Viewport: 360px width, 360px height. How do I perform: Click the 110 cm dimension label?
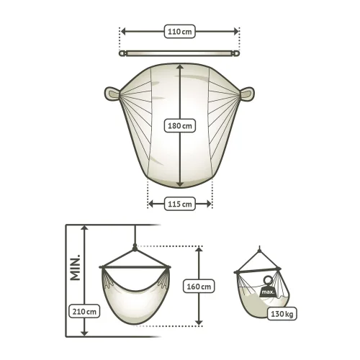point(180,32)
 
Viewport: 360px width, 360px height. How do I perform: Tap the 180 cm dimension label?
point(180,125)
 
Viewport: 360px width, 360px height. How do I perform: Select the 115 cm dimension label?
point(180,204)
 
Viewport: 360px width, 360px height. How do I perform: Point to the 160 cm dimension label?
point(199,286)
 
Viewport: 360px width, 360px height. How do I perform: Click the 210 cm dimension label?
point(84,311)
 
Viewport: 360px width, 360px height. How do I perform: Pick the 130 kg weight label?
point(282,314)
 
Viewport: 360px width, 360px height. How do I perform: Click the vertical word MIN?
point(75,267)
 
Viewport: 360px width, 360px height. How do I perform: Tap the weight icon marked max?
point(267,289)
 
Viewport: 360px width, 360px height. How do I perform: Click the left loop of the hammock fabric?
point(112,94)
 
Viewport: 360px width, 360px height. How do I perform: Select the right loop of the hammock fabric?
point(247,94)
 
